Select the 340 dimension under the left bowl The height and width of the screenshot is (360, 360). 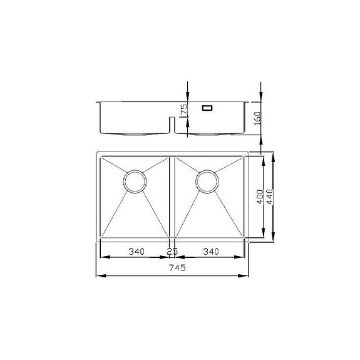[x=136, y=252]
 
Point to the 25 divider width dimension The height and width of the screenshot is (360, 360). [x=172, y=252]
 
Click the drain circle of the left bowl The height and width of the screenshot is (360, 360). [x=135, y=180]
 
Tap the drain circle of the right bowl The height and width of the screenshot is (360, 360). [x=207, y=180]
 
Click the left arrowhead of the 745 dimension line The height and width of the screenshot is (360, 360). [x=98, y=275]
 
